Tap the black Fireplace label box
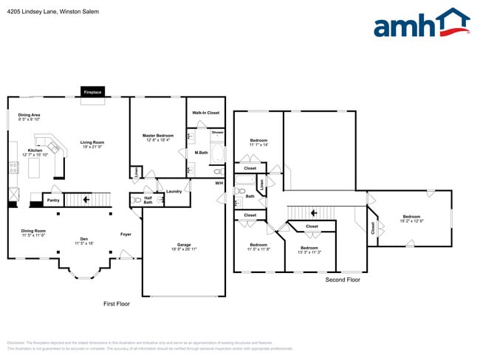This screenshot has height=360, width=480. [x=93, y=92]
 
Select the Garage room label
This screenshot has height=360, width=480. [x=184, y=246]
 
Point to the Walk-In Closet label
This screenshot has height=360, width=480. [x=206, y=113]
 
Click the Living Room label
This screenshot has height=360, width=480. [x=92, y=145]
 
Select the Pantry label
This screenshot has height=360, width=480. [x=53, y=200]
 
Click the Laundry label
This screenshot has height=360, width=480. [x=174, y=192]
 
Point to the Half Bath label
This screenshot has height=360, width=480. [x=148, y=200]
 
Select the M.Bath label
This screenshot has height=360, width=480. [x=201, y=153]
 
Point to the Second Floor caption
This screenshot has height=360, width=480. [x=343, y=280]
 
